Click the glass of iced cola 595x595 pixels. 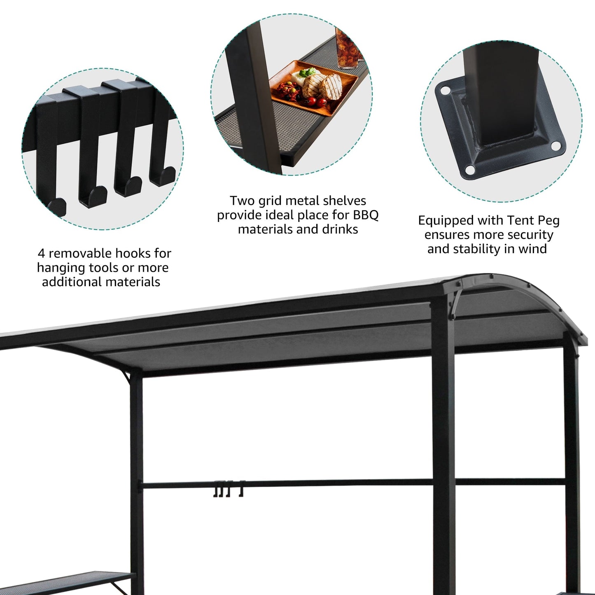(346, 49)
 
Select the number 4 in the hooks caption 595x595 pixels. (41, 253)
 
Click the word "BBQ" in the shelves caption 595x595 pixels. (366, 215)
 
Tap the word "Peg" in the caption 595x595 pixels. (547, 221)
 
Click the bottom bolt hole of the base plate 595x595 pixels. (469, 169)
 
